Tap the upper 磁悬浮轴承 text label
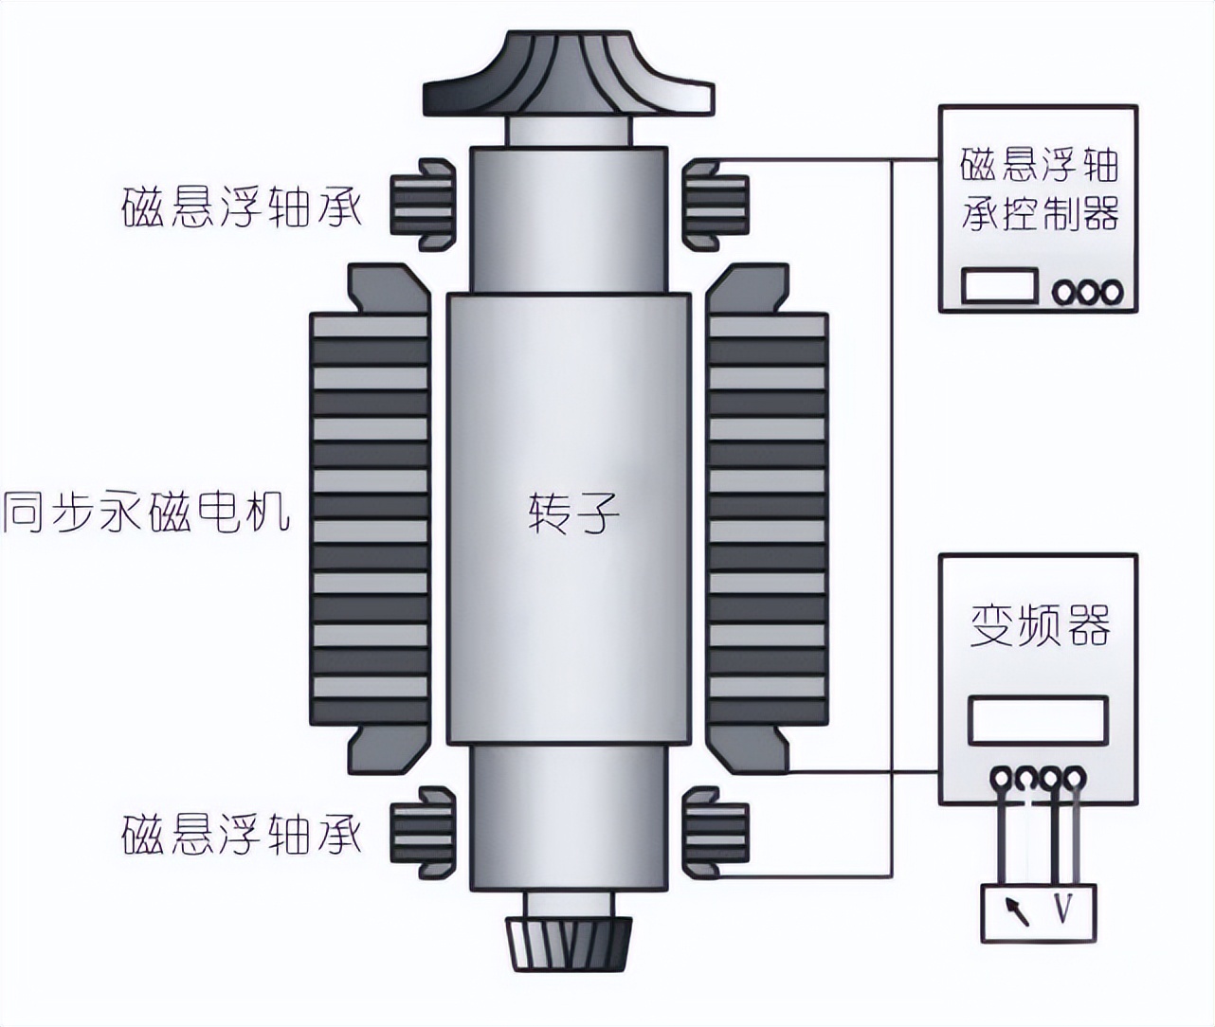point(243,206)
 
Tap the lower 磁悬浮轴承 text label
point(243,833)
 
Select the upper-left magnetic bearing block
point(423,204)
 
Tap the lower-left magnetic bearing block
point(423,833)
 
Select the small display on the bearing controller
point(1000,287)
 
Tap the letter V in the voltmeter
point(1063,911)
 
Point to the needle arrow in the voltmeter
point(1017,911)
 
